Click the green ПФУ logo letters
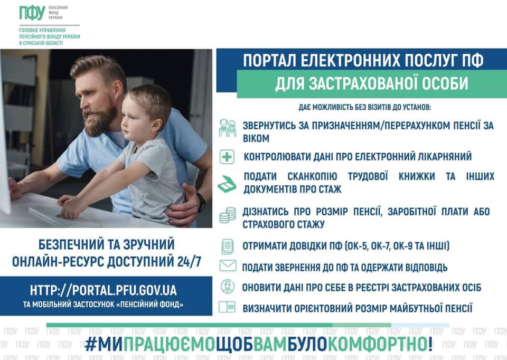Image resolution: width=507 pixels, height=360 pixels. [32, 13]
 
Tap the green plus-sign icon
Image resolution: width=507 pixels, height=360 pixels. [227, 157]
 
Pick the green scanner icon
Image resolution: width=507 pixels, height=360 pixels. [227, 184]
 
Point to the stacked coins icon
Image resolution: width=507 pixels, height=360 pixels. [228, 215]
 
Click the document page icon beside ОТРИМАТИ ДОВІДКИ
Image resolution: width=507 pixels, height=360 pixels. [227, 247]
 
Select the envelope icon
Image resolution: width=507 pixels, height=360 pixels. [228, 266]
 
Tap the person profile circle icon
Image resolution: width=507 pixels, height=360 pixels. [227, 287]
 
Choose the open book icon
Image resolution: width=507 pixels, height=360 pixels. [227, 307]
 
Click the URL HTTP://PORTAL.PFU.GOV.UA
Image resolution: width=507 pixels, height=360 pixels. [104, 290]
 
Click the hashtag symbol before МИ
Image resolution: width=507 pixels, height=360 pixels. [90, 344]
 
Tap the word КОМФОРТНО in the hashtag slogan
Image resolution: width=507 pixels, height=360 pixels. [378, 344]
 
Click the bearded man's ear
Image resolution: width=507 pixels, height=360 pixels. [118, 88]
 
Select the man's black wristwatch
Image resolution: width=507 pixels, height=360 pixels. [201, 202]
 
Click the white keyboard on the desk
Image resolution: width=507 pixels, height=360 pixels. [61, 217]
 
